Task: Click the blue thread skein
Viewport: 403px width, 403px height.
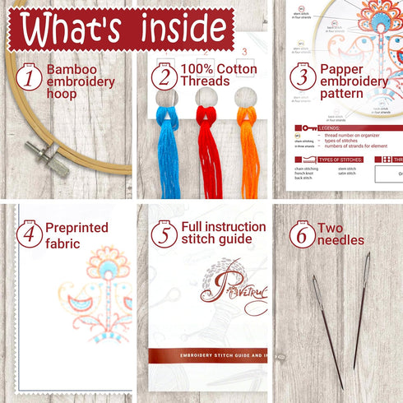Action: click(x=169, y=148)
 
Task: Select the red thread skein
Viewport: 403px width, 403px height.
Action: click(x=207, y=148)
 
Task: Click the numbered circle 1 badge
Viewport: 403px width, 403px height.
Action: click(x=29, y=77)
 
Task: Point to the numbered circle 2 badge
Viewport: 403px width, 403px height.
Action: click(x=165, y=76)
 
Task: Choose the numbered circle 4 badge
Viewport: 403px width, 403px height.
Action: click(x=29, y=234)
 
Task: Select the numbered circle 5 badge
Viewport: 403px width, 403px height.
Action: click(x=165, y=234)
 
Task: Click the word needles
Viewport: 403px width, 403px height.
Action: click(x=340, y=240)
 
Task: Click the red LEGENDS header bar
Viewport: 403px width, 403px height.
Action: click(x=345, y=128)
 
